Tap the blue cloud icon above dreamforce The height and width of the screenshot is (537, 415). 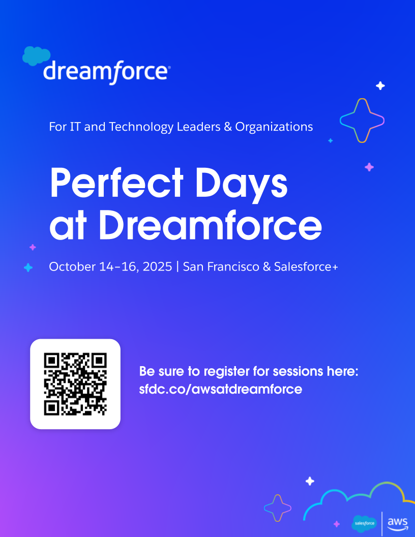click(36, 55)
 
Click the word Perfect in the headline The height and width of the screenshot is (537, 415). click(117, 183)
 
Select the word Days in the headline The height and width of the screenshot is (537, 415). click(242, 185)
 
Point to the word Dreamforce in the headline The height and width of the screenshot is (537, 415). click(211, 225)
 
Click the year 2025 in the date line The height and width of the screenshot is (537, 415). click(158, 267)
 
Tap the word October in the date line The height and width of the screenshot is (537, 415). click(72, 267)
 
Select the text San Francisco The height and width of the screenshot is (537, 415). click(221, 267)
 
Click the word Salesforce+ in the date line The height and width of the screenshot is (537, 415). click(306, 267)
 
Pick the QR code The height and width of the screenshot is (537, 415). click(75, 384)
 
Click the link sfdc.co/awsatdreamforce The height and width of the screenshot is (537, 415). click(221, 390)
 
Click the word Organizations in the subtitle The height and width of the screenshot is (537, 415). click(274, 127)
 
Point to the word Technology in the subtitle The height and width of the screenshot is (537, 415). click(141, 127)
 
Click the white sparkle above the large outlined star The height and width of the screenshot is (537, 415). click(380, 85)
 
